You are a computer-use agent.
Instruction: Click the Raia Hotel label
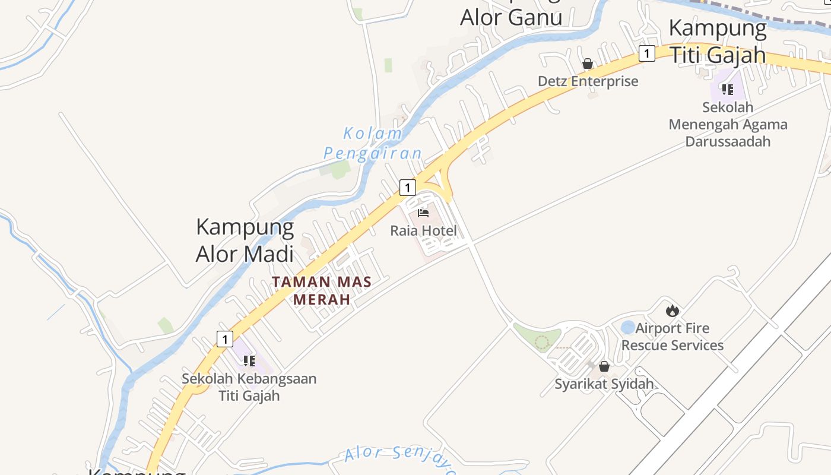pos(423,230)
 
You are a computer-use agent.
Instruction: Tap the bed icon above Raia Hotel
pos(423,213)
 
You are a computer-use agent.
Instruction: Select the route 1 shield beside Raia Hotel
pos(407,188)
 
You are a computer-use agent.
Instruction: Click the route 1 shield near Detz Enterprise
pos(646,53)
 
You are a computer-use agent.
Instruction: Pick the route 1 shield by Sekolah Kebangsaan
pos(224,339)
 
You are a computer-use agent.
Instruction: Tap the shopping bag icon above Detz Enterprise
pos(588,64)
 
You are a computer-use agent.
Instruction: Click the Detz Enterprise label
pos(588,81)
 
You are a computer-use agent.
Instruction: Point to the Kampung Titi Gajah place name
pos(718,41)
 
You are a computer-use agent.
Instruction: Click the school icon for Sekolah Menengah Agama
pos(727,90)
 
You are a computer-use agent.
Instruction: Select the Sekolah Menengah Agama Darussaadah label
pos(728,125)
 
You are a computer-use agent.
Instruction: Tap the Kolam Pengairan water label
pos(373,143)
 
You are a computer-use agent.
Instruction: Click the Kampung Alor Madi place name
pos(245,240)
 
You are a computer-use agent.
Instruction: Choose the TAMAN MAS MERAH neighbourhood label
pos(322,290)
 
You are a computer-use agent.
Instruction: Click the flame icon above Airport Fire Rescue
pos(672,310)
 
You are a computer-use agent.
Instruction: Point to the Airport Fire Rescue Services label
pos(673,337)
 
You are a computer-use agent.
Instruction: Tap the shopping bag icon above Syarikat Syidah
pos(604,366)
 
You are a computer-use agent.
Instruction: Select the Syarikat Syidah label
pos(604,384)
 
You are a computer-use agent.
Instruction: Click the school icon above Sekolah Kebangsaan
pos(249,360)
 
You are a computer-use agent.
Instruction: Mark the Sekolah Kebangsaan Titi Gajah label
pos(249,387)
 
